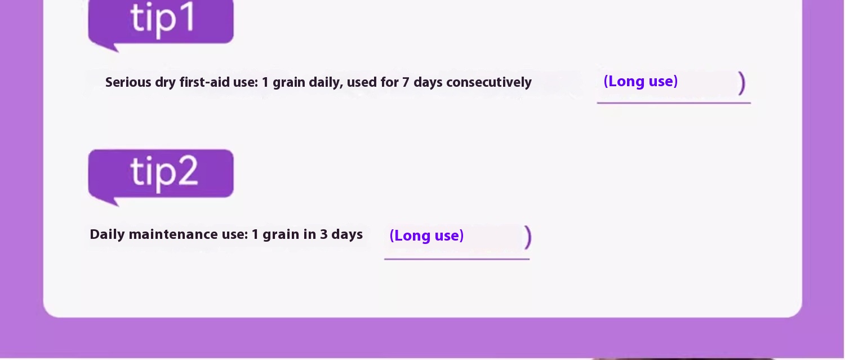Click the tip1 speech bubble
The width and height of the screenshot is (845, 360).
pyautogui.click(x=161, y=23)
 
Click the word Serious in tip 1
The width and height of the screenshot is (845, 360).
pyautogui.click(x=128, y=82)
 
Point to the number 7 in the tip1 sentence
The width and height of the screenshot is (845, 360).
pyautogui.click(x=406, y=82)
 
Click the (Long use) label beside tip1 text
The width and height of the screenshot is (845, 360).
pyautogui.click(x=641, y=82)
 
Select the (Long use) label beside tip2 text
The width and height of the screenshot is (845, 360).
pyautogui.click(x=426, y=235)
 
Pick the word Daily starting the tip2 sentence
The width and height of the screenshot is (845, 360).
pyautogui.click(x=107, y=235)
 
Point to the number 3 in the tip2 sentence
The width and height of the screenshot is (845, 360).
pyautogui.click(x=324, y=234)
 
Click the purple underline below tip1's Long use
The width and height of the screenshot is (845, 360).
pyautogui.click(x=674, y=103)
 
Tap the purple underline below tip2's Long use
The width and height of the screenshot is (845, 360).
pyautogui.click(x=457, y=259)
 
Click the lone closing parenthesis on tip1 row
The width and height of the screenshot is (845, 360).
pyautogui.click(x=742, y=83)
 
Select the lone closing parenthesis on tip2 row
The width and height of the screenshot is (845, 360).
pyautogui.click(x=528, y=237)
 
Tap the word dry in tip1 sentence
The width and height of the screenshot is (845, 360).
pyautogui.click(x=165, y=83)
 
